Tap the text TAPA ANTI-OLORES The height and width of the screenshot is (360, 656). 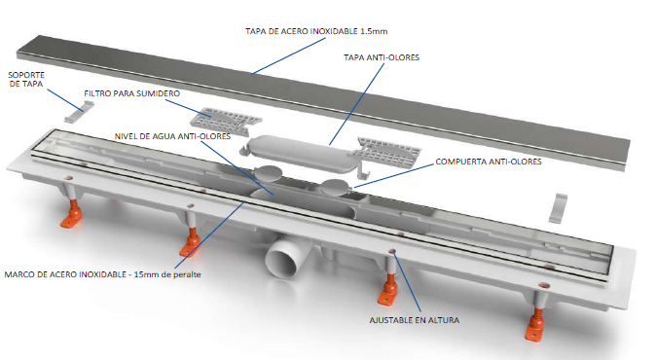[x=381, y=57]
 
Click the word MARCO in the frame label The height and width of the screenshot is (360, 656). [x=19, y=271]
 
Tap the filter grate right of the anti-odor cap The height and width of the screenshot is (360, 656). [x=388, y=151]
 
